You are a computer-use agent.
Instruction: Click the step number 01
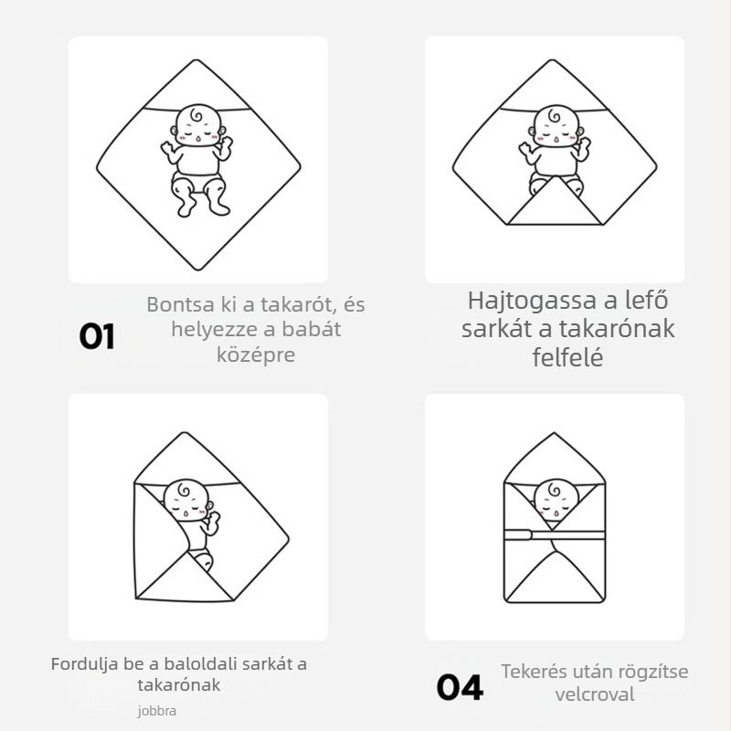pyautogui.click(x=97, y=336)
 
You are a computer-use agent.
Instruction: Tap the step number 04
pyautogui.click(x=460, y=687)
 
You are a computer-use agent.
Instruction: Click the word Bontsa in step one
pyautogui.click(x=178, y=304)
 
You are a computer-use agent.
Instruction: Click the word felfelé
pyautogui.click(x=567, y=357)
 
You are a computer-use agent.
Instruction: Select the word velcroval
pyautogui.click(x=594, y=695)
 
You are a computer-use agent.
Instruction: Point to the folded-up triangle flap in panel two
pyautogui.click(x=554, y=205)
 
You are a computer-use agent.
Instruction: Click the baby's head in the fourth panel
pyautogui.click(x=554, y=499)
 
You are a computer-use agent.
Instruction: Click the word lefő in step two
pyautogui.click(x=645, y=301)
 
